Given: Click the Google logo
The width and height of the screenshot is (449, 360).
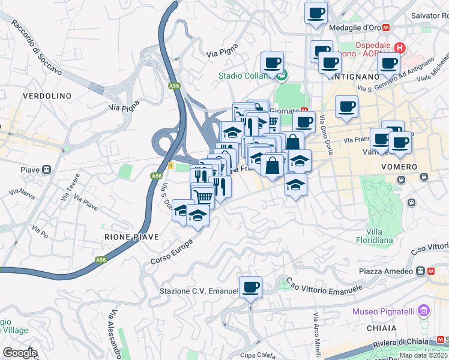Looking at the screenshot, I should (x=19, y=353).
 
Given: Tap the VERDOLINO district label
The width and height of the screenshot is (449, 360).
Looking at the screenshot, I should (x=47, y=96).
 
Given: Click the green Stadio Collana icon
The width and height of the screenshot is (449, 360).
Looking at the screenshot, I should (x=281, y=76).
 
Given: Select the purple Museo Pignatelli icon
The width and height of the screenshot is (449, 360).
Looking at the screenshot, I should (x=424, y=311).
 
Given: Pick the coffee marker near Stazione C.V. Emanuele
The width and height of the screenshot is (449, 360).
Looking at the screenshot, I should (x=250, y=286).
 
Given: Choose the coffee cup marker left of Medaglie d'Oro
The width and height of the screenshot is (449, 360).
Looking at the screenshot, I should (x=316, y=13).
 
